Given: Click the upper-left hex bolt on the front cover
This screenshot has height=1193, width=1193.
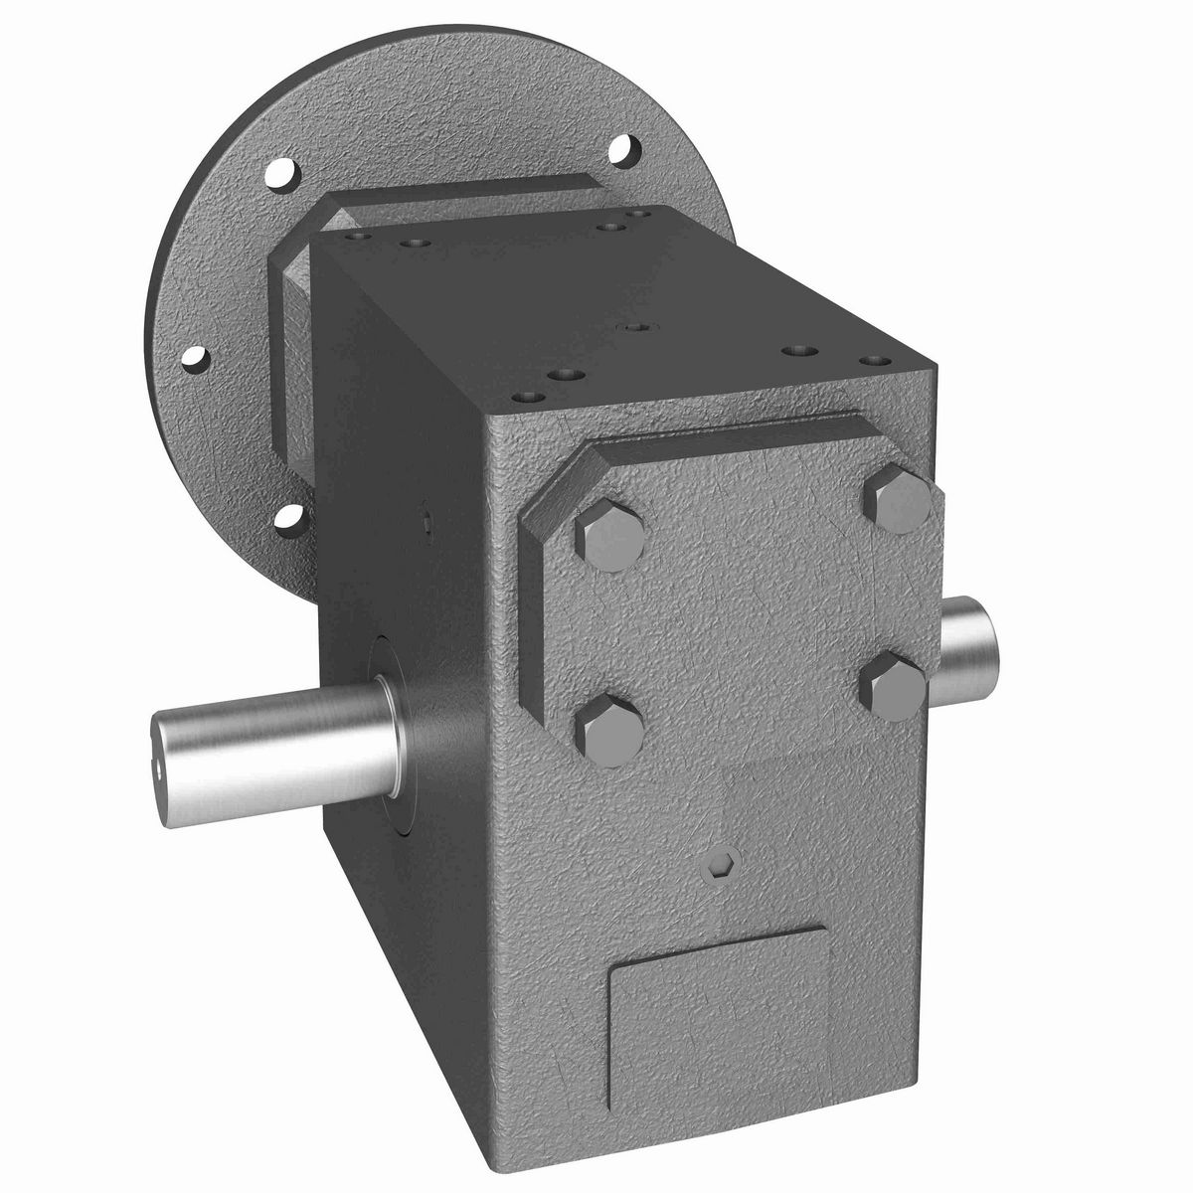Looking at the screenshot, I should (608, 539).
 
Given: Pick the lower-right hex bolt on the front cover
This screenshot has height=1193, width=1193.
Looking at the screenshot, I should (894, 686).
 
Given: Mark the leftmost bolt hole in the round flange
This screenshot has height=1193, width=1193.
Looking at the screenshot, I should (199, 356).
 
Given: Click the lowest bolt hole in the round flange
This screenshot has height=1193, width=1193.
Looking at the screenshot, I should (288, 516).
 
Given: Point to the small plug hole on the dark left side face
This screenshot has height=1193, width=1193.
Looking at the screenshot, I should (426, 516).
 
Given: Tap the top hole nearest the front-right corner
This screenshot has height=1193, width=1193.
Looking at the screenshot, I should (873, 360).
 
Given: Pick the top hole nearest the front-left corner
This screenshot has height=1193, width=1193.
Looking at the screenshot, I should (526, 397).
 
